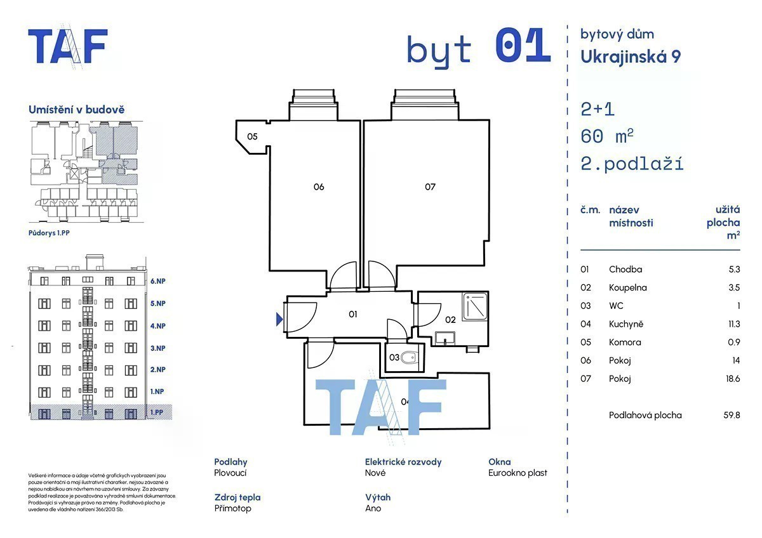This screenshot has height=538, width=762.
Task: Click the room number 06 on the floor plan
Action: click(319, 187)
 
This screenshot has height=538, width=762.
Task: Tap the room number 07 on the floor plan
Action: click(431, 187)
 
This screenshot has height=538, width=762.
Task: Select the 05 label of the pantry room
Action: click(252, 136)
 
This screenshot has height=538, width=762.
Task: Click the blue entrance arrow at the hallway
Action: click(279, 319)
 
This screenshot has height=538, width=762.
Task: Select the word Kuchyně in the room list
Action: click(626, 324)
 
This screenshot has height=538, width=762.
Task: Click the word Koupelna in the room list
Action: click(627, 287)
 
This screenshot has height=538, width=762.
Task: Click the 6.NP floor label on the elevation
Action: click(157, 281)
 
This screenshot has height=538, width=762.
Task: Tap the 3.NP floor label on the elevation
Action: click(157, 348)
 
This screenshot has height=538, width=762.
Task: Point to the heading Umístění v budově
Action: click(76, 110)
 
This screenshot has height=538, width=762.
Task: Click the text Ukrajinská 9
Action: click(631, 57)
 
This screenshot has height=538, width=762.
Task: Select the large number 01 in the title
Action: click(522, 46)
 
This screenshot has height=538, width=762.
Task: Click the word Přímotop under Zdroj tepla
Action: click(232, 508)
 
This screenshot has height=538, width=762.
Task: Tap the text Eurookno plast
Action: click(518, 473)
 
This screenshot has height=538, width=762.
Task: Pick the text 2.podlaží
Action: click(632, 164)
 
